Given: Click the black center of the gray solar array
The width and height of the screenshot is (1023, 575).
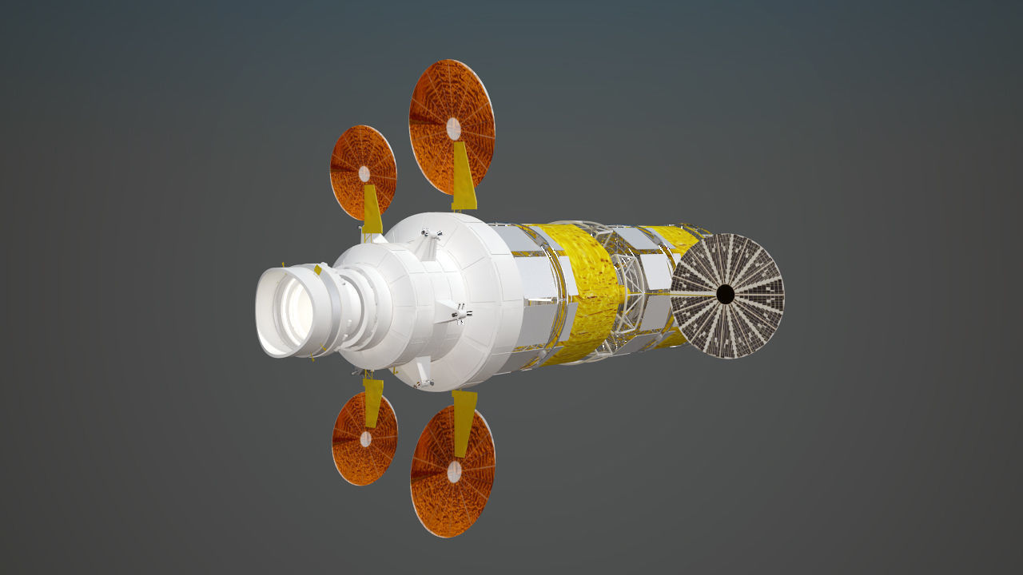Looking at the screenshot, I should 725,294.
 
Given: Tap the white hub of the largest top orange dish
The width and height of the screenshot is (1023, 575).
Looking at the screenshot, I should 453,129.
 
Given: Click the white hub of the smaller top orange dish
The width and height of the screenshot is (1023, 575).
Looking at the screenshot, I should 364,173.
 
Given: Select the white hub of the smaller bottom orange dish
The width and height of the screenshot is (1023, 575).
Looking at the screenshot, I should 365,438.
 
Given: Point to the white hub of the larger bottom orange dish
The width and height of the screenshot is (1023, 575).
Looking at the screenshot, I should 454,471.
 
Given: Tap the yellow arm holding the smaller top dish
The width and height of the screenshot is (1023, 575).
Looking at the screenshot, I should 372,210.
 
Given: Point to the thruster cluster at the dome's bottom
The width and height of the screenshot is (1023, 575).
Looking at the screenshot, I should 421,383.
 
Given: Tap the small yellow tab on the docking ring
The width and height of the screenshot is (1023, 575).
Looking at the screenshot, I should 317,271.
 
